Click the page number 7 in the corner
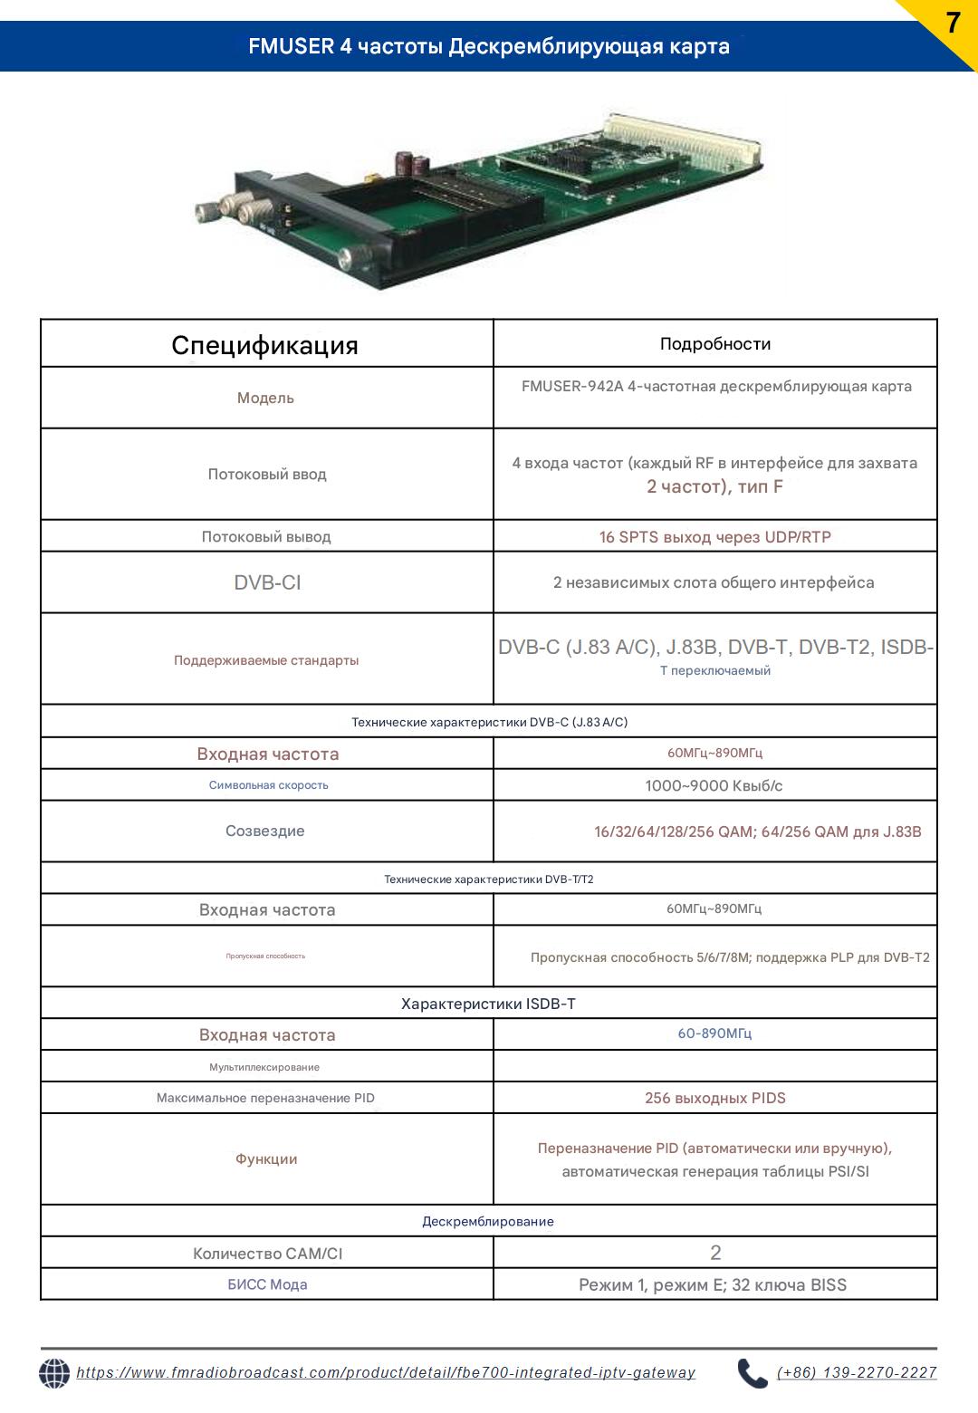pos(952,24)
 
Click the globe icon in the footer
pos(54,1373)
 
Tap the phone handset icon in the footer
pos(752,1373)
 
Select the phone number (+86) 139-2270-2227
pos(857,1373)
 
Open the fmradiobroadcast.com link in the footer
pos(386,1373)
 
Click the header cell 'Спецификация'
pos(265,345)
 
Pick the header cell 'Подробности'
pos(715,344)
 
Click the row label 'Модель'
pos(265,398)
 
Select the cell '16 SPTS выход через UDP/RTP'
pos(715,537)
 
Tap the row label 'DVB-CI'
pos(267,582)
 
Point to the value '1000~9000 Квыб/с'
pos(714,785)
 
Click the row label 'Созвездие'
pos(265,831)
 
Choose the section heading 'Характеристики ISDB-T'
pos(488,1004)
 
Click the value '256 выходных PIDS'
pos(715,1098)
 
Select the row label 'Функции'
pos(266,1158)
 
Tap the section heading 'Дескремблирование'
pos(488,1221)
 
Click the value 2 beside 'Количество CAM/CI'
pos(715,1253)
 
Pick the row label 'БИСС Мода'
pos(267,1284)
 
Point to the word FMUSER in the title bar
pos(292,46)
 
